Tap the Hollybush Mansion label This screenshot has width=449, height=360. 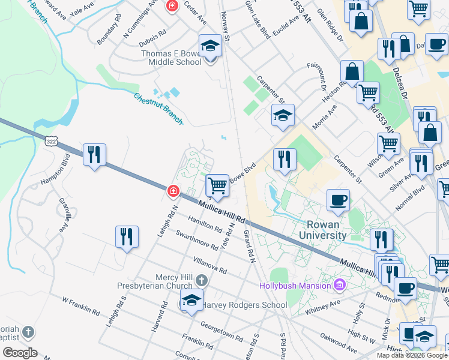pos(295,285)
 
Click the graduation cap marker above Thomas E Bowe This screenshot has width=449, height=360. pos(210,46)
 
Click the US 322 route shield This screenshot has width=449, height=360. pos(50,139)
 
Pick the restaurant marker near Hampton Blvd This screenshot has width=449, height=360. pos(94,155)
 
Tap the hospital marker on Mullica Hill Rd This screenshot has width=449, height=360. pos(173,191)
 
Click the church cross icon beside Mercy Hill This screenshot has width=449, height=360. pos(202,280)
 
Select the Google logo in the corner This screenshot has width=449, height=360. pos(20,353)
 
